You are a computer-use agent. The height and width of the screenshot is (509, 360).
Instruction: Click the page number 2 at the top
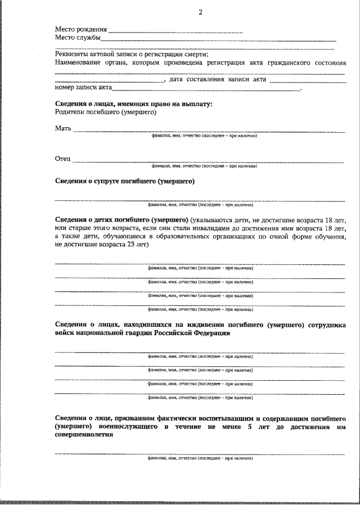[200, 13]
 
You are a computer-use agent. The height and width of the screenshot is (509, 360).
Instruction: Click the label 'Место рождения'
[80, 29]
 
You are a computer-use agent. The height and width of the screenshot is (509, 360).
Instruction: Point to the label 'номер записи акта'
[83, 88]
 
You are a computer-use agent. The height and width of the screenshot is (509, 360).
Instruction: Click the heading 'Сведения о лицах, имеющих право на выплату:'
[134, 104]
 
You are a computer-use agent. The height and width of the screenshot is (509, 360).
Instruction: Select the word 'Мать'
[63, 129]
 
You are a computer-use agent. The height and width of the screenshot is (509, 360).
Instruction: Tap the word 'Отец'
[62, 160]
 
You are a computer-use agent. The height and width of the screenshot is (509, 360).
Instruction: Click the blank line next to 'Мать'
[208, 130]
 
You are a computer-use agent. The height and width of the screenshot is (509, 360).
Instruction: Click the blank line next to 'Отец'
[208, 161]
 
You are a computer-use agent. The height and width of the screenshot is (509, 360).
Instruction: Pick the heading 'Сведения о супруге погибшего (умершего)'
[124, 182]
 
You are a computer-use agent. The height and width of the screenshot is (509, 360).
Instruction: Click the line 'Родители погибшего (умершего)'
[105, 112]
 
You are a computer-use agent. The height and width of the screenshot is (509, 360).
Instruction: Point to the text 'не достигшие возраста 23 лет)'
[101, 245]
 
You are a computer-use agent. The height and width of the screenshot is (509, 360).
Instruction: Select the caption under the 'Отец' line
[204, 166]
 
